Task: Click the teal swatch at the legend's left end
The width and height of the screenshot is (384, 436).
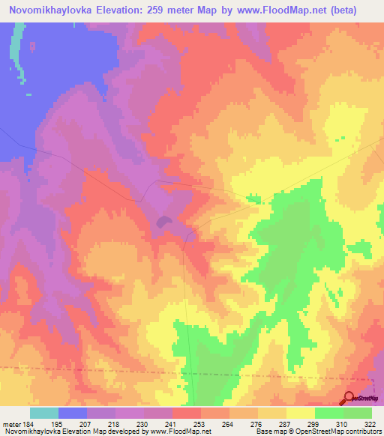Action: (x=43, y=414)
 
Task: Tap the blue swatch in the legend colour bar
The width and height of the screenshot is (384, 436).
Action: (x=72, y=414)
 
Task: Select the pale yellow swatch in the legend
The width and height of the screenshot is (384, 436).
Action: (x=301, y=414)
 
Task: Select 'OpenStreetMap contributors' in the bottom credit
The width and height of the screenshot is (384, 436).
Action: (x=343, y=432)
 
